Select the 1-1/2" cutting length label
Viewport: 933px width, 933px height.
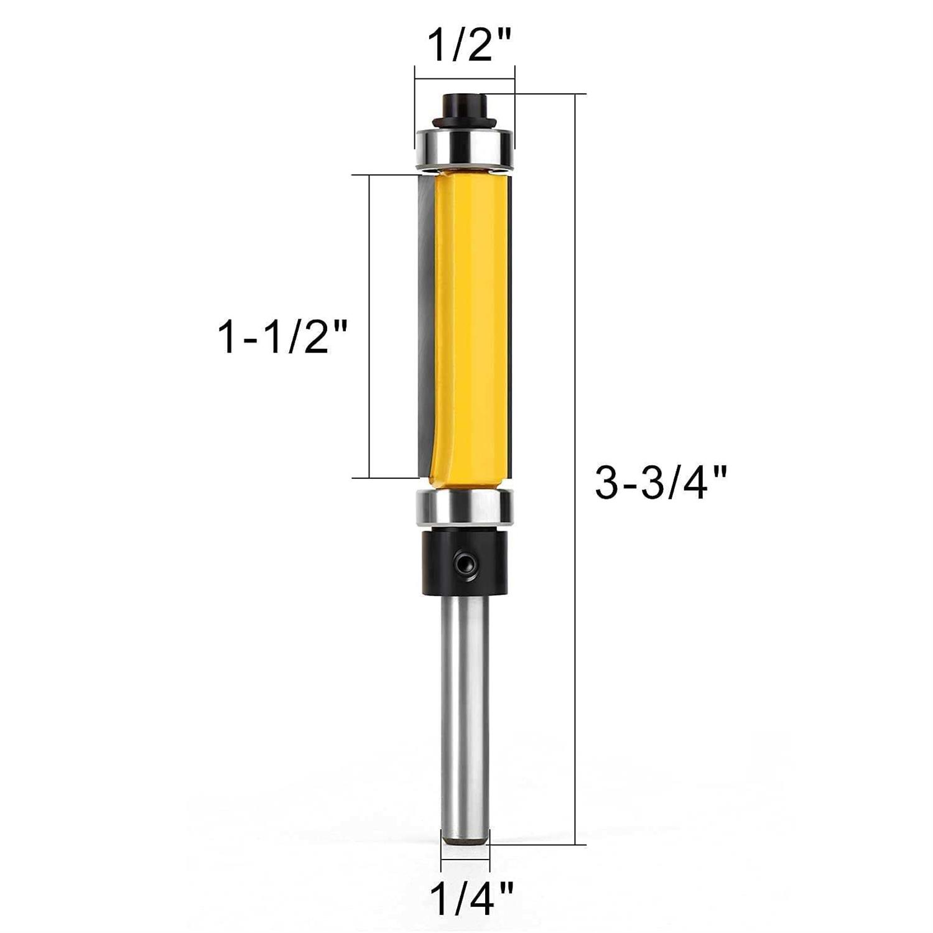281,338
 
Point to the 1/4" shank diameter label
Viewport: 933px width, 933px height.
472,896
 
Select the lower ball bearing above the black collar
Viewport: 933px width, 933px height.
465,506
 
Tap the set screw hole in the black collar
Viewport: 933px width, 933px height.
461,564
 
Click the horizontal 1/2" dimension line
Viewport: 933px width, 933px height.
465,79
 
